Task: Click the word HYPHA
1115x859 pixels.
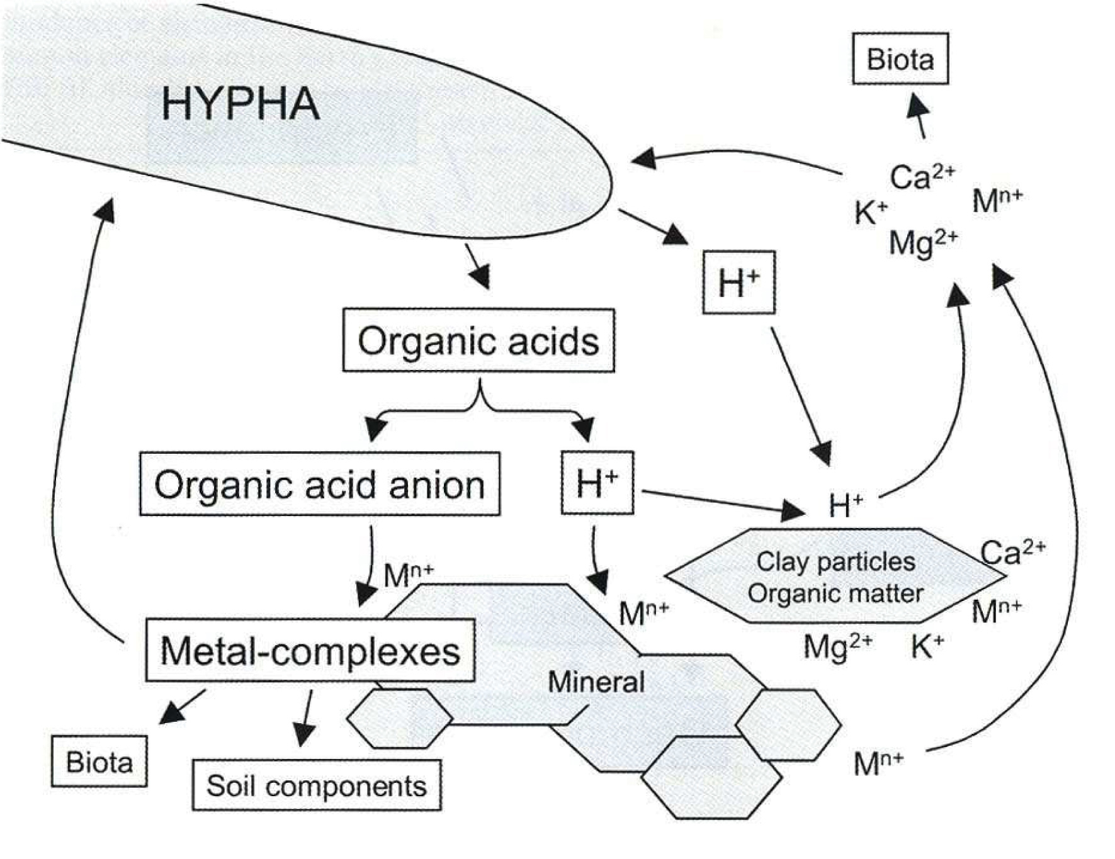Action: (x=241, y=104)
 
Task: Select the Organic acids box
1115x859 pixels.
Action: (x=478, y=340)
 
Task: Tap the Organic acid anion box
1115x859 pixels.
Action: (x=320, y=484)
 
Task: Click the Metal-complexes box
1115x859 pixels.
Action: (x=310, y=650)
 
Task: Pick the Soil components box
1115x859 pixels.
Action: (x=317, y=785)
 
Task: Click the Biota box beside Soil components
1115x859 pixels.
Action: (x=99, y=761)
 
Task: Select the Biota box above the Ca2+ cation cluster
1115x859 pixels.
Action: (x=900, y=59)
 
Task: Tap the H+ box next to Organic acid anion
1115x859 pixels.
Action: (x=597, y=483)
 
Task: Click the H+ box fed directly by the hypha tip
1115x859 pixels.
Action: (x=739, y=283)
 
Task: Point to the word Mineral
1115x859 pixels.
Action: (x=596, y=682)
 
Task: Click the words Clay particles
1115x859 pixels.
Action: (x=835, y=561)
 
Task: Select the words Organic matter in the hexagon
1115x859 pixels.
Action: (x=835, y=593)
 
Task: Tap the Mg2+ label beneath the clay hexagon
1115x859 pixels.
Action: (x=838, y=646)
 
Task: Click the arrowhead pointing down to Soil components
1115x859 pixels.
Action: (x=303, y=735)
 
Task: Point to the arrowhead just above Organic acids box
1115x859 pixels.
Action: (x=480, y=277)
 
